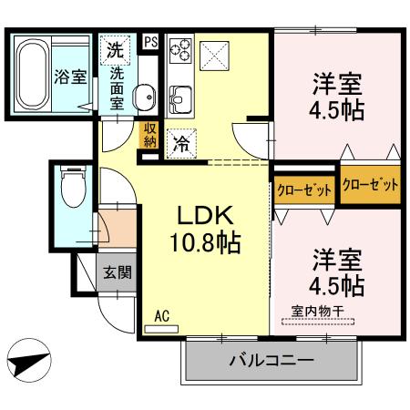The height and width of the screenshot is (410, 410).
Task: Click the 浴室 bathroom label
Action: [x=70, y=76]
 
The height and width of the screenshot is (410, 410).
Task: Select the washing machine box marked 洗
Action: [x=116, y=48]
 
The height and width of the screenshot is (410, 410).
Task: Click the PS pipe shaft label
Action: [x=150, y=40]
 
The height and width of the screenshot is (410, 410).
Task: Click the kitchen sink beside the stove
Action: [x=179, y=95]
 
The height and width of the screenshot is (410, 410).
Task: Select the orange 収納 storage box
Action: [x=149, y=136]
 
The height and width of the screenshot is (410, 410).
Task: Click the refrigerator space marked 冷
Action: [x=180, y=142]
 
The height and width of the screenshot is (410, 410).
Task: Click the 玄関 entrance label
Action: [x=115, y=272]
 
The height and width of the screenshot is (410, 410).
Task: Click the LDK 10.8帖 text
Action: [x=206, y=229]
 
